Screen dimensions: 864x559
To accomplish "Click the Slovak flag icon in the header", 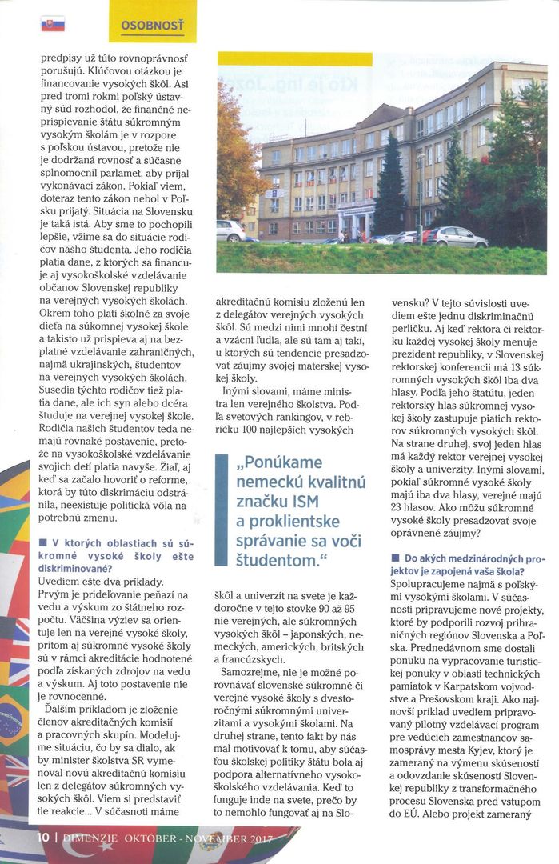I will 52,24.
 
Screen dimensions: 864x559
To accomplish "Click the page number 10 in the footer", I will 43,838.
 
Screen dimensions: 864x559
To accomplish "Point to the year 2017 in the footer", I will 256,838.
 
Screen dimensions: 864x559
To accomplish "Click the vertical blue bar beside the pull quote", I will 221,510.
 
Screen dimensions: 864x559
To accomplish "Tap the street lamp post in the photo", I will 421,196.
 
